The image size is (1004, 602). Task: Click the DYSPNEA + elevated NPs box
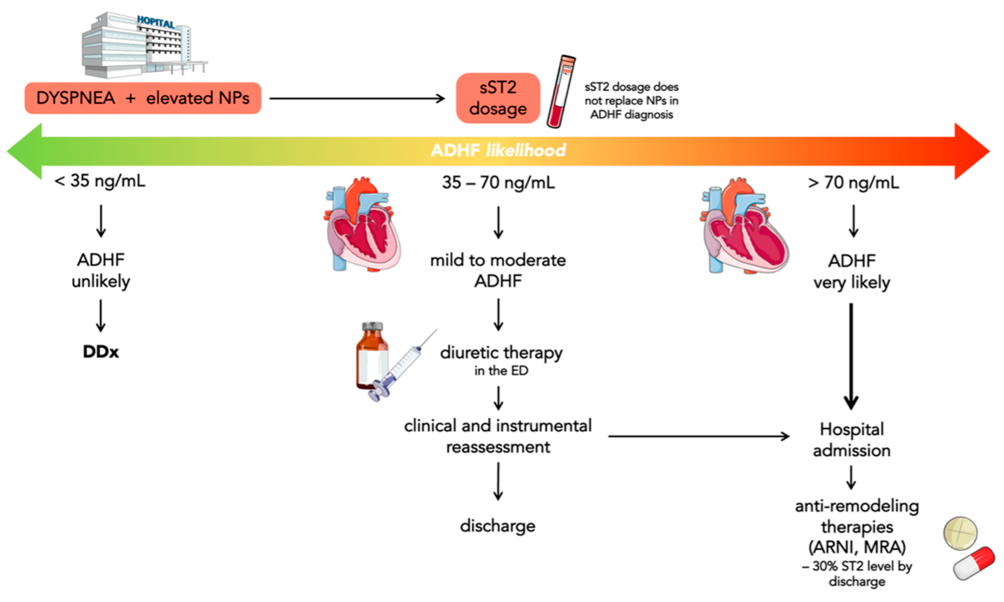pos(143,98)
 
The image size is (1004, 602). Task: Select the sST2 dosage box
pos(498,98)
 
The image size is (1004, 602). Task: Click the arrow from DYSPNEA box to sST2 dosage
pos(357,98)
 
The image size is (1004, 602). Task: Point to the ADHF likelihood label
pos(498,150)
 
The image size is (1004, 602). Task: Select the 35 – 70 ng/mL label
pos(498,183)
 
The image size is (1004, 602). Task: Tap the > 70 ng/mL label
pos(853,183)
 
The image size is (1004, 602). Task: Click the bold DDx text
pos(101,352)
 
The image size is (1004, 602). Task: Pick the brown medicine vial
pos(371,356)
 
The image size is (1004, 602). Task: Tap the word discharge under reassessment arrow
pos(497,526)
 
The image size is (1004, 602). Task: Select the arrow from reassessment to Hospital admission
pos(697,437)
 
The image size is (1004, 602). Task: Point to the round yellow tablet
pos(960,533)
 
